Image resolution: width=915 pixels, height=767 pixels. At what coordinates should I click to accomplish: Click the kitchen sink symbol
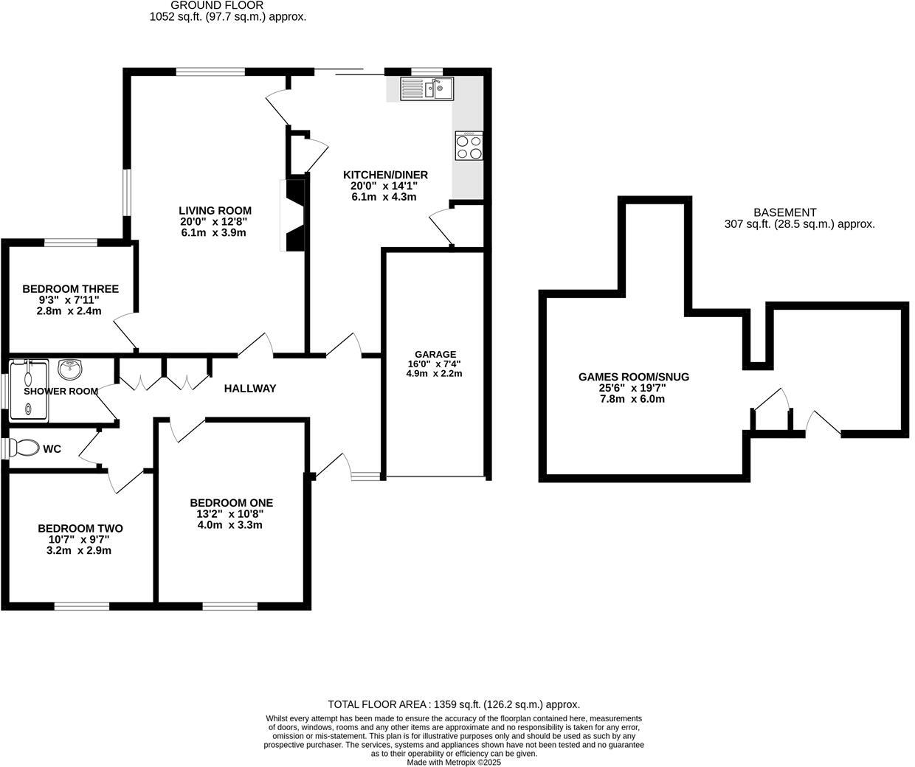point(428,88)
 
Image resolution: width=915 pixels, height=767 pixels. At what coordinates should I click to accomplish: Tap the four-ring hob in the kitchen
point(469,145)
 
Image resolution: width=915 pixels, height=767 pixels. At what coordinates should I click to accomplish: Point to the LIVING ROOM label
point(215,210)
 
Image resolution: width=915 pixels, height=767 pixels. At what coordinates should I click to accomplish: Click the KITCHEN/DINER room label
point(385,175)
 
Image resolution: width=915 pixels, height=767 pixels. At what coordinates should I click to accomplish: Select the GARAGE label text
point(435,354)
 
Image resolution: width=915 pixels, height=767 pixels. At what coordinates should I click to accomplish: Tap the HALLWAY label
point(250,388)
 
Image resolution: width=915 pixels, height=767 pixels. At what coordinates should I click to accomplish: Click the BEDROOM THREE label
point(70,289)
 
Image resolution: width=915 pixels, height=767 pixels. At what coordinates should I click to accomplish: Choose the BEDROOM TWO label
point(80,528)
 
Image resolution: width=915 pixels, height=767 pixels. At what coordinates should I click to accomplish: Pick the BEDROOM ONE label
point(231,503)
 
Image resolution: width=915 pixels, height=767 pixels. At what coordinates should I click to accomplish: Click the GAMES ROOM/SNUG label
point(634,377)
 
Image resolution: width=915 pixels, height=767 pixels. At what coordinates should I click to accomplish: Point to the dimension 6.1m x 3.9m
point(213,232)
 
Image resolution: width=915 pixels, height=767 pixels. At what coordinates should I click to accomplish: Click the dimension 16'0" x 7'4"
point(434,364)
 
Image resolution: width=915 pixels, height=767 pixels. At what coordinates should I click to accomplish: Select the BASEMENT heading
point(784,212)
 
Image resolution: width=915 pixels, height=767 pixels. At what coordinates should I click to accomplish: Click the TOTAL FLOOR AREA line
point(453,704)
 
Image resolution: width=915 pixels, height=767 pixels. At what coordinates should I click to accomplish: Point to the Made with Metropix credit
point(454,763)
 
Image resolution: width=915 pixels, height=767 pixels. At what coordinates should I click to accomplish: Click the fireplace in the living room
point(294,215)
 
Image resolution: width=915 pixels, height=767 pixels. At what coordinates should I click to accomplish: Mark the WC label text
point(52,448)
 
